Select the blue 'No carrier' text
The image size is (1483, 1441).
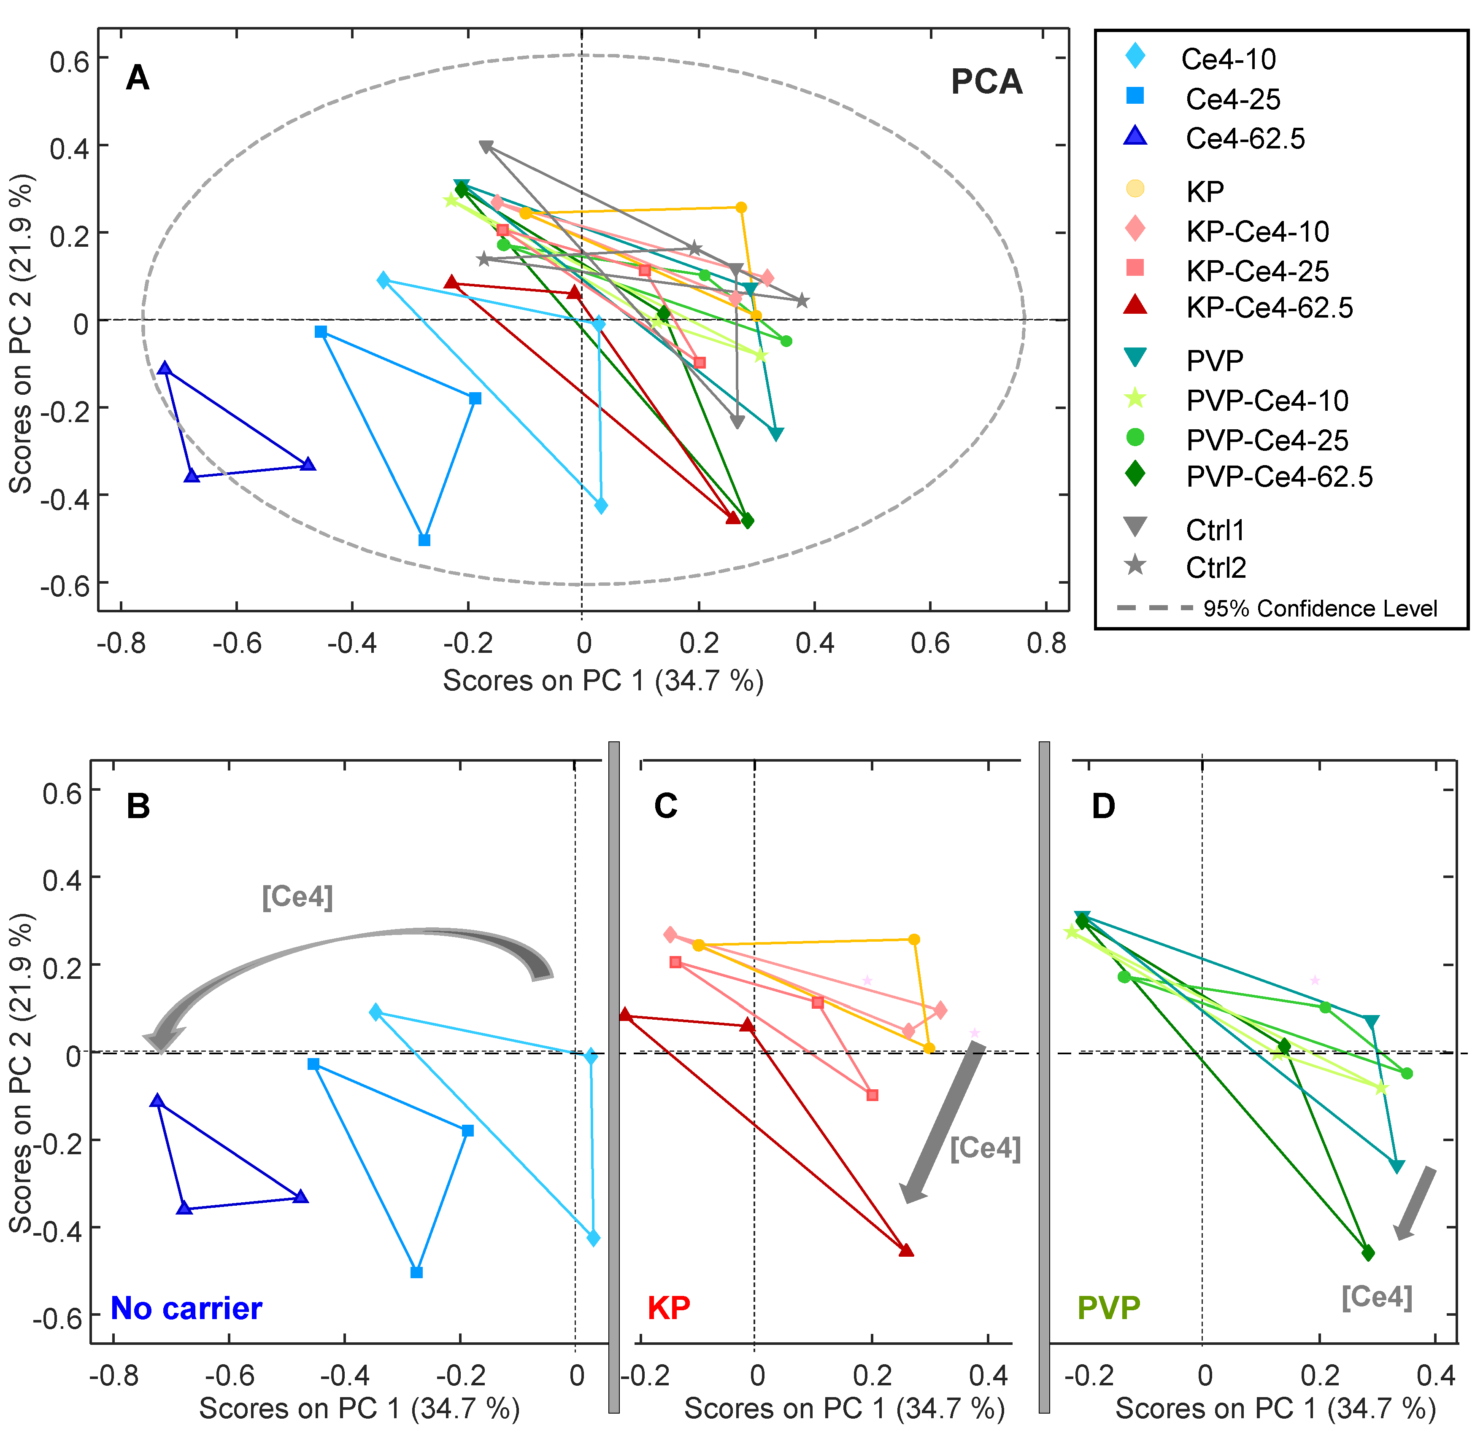(186, 1308)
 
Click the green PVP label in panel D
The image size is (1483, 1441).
(1108, 1308)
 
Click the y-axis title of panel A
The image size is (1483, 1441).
(21, 333)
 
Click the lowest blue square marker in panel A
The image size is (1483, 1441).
(425, 540)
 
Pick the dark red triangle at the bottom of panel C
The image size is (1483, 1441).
(906, 1250)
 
